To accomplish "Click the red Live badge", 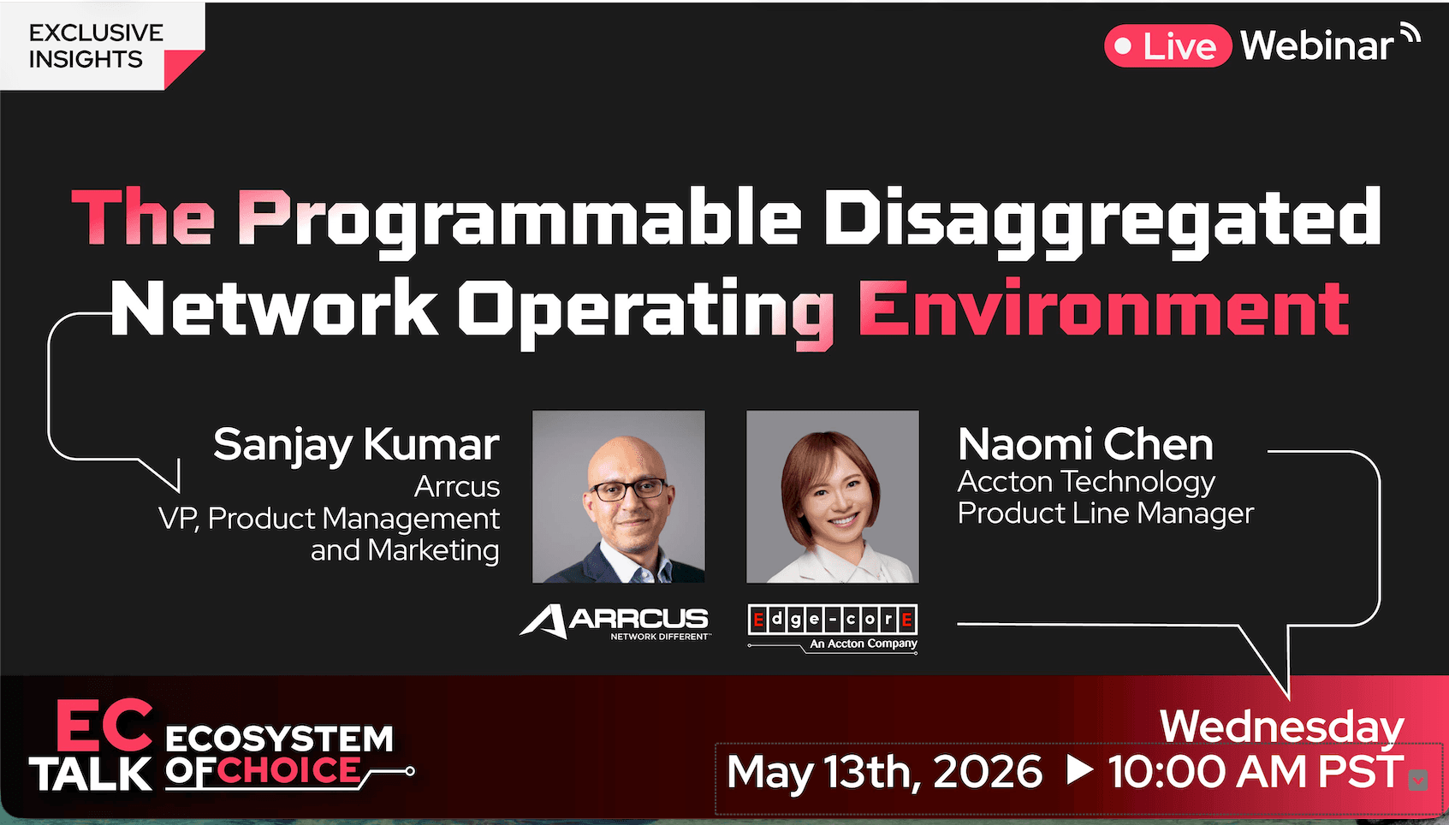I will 1167,46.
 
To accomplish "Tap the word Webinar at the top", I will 1317,46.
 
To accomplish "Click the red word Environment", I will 1104,310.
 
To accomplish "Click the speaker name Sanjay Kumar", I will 356,444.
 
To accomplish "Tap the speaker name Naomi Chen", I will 1085,444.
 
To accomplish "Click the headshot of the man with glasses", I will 619,496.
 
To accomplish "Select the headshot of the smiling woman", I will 833,496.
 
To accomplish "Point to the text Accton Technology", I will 1085,482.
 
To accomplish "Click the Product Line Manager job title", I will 1105,513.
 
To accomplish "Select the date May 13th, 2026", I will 884,772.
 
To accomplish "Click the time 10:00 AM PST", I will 1256,772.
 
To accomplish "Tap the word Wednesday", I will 1281,726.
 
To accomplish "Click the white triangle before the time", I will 1079,770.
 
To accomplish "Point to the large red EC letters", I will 104,727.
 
